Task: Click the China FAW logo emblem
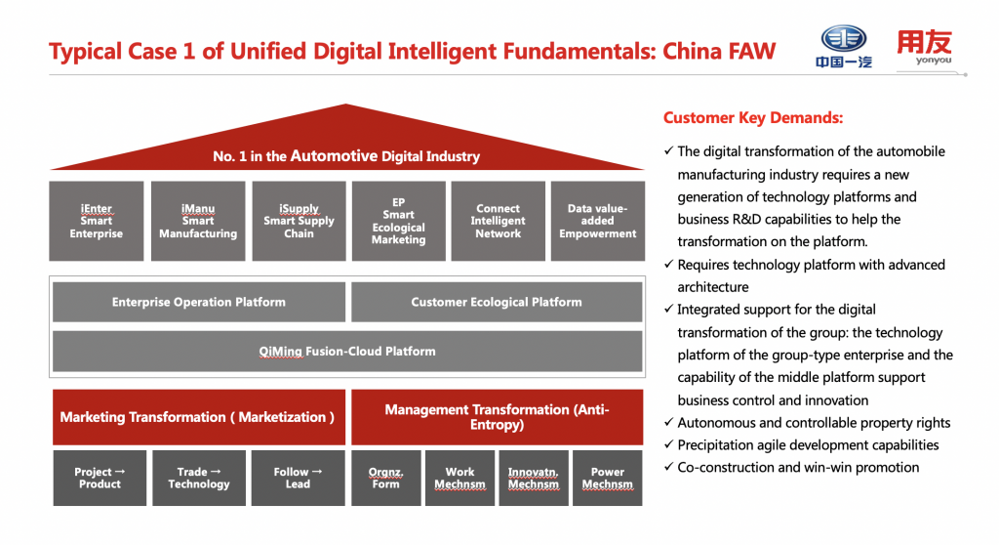(844, 39)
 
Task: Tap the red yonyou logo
(924, 48)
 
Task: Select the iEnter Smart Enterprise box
(97, 221)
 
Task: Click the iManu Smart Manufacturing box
(198, 221)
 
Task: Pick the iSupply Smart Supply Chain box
(299, 221)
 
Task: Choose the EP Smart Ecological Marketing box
(399, 221)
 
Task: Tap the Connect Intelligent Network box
(499, 221)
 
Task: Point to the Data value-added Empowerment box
(598, 221)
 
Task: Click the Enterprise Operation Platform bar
(199, 302)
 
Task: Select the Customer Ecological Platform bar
(497, 302)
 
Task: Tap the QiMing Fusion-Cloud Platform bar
(347, 351)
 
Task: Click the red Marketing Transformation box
(198, 417)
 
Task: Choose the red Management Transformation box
(497, 417)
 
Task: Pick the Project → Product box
(100, 478)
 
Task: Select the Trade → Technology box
(199, 478)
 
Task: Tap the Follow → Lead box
(299, 478)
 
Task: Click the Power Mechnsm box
(608, 478)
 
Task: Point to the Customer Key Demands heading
(753, 118)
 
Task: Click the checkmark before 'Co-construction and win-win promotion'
(667, 467)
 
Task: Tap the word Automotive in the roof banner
(334, 155)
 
